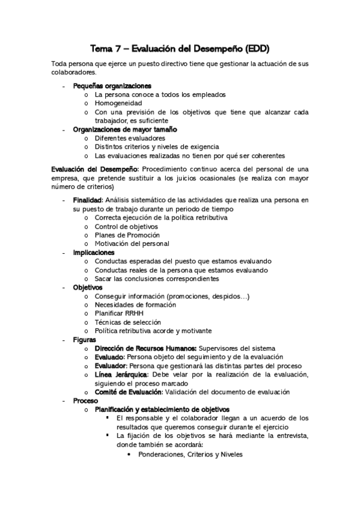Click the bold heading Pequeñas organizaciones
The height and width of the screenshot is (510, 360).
112,86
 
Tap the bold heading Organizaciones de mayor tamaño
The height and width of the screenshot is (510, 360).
125,129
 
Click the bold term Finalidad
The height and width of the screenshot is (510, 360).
88,200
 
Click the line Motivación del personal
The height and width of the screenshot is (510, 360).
132,244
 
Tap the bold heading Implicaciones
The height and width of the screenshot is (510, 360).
94,253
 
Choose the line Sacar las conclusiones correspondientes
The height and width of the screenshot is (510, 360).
157,279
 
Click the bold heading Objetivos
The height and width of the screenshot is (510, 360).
88,287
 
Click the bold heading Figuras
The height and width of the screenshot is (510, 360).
85,340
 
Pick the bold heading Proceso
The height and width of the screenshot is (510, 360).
85,401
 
